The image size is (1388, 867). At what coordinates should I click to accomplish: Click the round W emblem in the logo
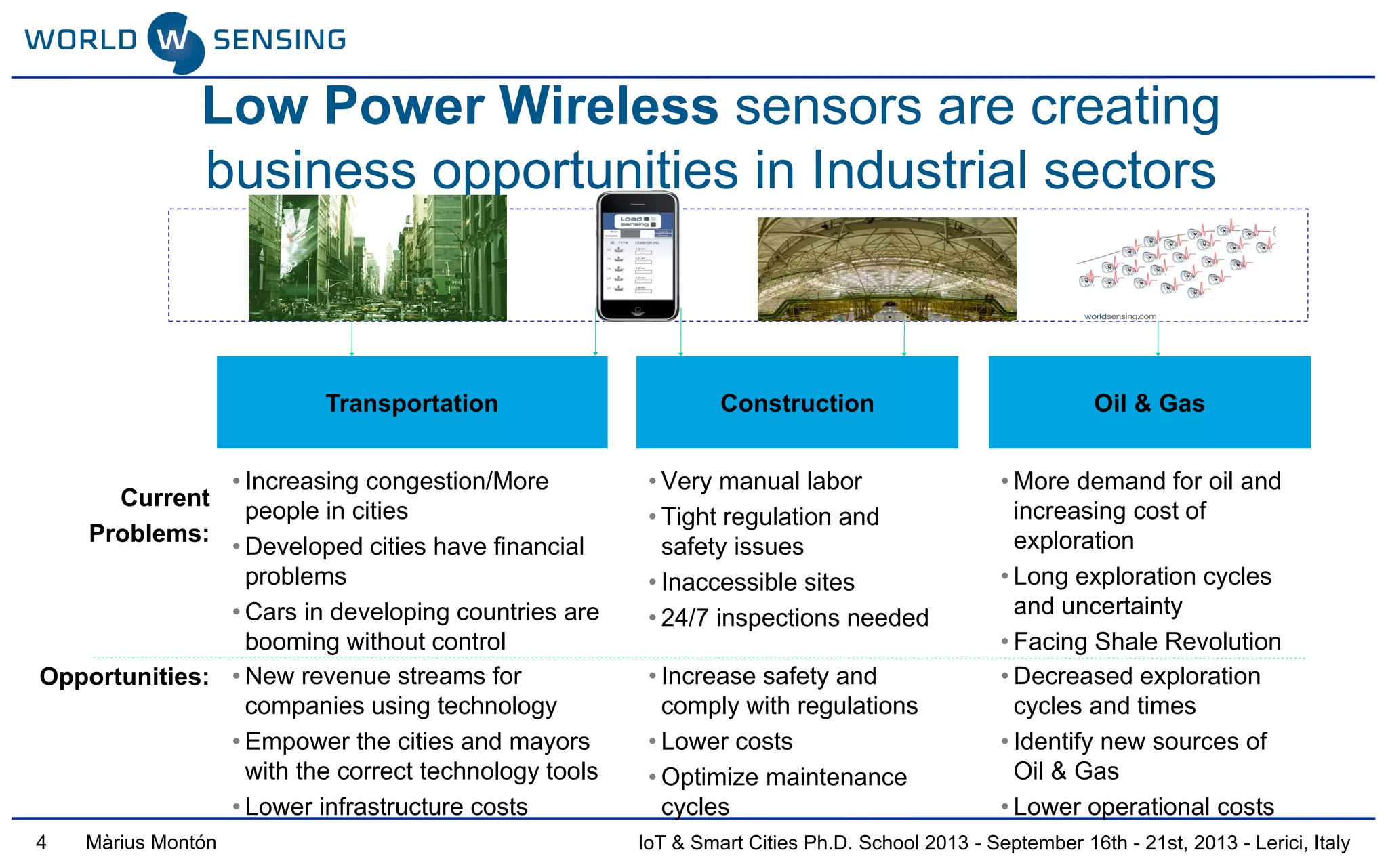(175, 42)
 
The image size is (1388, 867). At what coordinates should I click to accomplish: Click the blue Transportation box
(411, 402)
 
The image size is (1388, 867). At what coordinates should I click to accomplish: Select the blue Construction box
(797, 402)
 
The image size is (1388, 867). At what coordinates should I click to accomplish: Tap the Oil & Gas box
(1149, 402)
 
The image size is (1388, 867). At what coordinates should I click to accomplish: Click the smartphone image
(637, 257)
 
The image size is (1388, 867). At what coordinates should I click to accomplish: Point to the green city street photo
(377, 258)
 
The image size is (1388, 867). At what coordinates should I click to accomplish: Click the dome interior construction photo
(886, 269)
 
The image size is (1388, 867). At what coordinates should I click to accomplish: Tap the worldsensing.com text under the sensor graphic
(1120, 316)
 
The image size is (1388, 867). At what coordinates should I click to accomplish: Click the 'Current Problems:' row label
(150, 515)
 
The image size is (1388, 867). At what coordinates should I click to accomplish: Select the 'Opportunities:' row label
(125, 677)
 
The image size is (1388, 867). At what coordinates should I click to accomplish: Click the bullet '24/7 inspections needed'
(794, 618)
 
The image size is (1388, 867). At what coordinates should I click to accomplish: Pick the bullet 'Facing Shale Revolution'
(1147, 641)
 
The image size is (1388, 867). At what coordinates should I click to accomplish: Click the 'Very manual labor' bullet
(760, 481)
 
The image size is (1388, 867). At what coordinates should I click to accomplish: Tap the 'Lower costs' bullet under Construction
(727, 741)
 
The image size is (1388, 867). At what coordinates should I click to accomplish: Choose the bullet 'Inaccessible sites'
(757, 582)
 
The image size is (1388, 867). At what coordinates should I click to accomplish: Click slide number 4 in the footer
(41, 843)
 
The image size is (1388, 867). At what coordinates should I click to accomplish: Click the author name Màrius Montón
(151, 843)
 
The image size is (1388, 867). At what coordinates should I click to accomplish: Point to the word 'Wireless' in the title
(609, 106)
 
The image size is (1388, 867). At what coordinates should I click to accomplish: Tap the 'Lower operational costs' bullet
(1143, 806)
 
